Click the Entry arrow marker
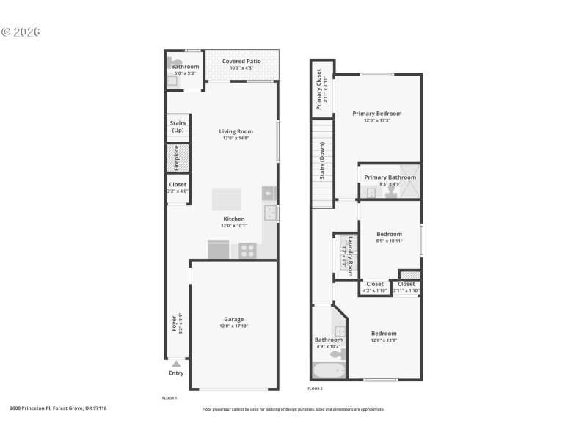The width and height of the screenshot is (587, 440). [x=176, y=363]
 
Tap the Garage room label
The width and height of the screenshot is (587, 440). [x=234, y=319]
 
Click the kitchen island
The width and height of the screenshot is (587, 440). [x=226, y=199]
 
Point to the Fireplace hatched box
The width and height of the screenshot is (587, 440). [x=175, y=158]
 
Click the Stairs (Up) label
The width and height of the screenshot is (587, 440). [x=178, y=127]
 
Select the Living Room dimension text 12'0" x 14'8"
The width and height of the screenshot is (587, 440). [x=234, y=138]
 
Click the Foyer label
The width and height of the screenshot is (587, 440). [x=174, y=323]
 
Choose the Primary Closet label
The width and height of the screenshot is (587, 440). [x=319, y=89]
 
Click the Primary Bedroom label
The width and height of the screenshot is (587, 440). [x=376, y=114]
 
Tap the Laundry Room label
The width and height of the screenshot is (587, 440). [x=351, y=255]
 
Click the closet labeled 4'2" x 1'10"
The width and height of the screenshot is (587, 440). [x=374, y=287]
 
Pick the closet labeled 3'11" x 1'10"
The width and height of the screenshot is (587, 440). [x=406, y=287]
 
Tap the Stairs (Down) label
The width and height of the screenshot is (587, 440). [x=321, y=161]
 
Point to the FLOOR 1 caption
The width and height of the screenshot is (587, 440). [x=169, y=397]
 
